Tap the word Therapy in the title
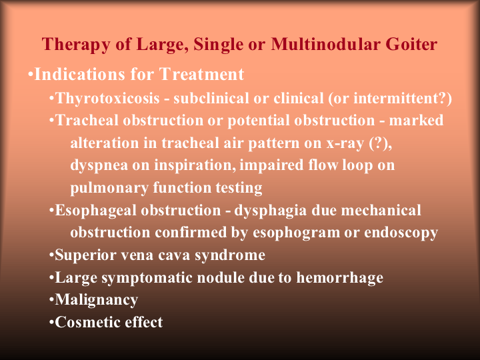click(x=76, y=45)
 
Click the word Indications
click(x=80, y=74)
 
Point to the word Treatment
click(x=202, y=74)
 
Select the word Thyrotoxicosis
click(x=108, y=98)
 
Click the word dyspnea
click(x=99, y=166)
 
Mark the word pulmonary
click(x=109, y=188)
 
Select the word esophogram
click(x=296, y=233)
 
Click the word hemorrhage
click(x=340, y=278)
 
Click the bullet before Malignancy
click(x=51, y=300)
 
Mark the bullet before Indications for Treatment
click(x=30, y=75)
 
